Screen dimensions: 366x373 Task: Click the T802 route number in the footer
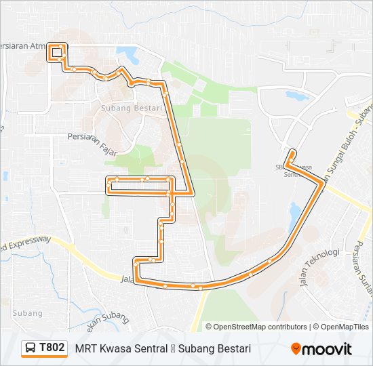pos(52,348)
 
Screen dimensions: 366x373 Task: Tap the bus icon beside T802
pos(31,348)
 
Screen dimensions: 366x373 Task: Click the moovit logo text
pos(328,348)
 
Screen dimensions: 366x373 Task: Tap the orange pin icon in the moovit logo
pos(296,348)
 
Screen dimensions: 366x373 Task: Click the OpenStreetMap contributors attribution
pos(260,327)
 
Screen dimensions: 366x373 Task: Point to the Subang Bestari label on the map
pos(131,108)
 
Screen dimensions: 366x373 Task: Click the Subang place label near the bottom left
pos(27,313)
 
